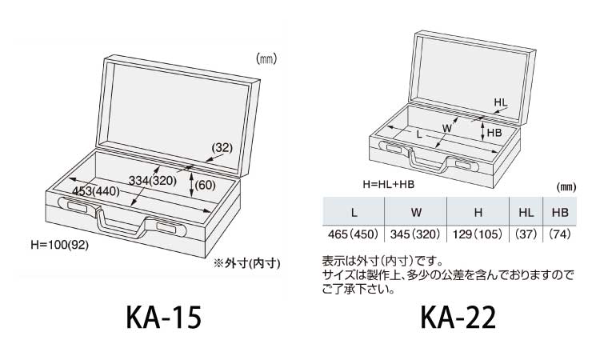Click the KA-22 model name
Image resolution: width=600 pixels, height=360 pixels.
[x=458, y=318]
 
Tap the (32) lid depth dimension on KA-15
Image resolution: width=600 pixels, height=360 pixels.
[x=222, y=147]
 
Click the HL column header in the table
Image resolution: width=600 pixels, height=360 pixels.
[x=525, y=213]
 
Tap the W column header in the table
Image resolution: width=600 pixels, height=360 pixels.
[x=416, y=213]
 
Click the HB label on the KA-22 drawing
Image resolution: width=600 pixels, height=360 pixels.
[x=494, y=132]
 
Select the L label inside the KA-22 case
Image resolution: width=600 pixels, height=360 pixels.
[x=420, y=135]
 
